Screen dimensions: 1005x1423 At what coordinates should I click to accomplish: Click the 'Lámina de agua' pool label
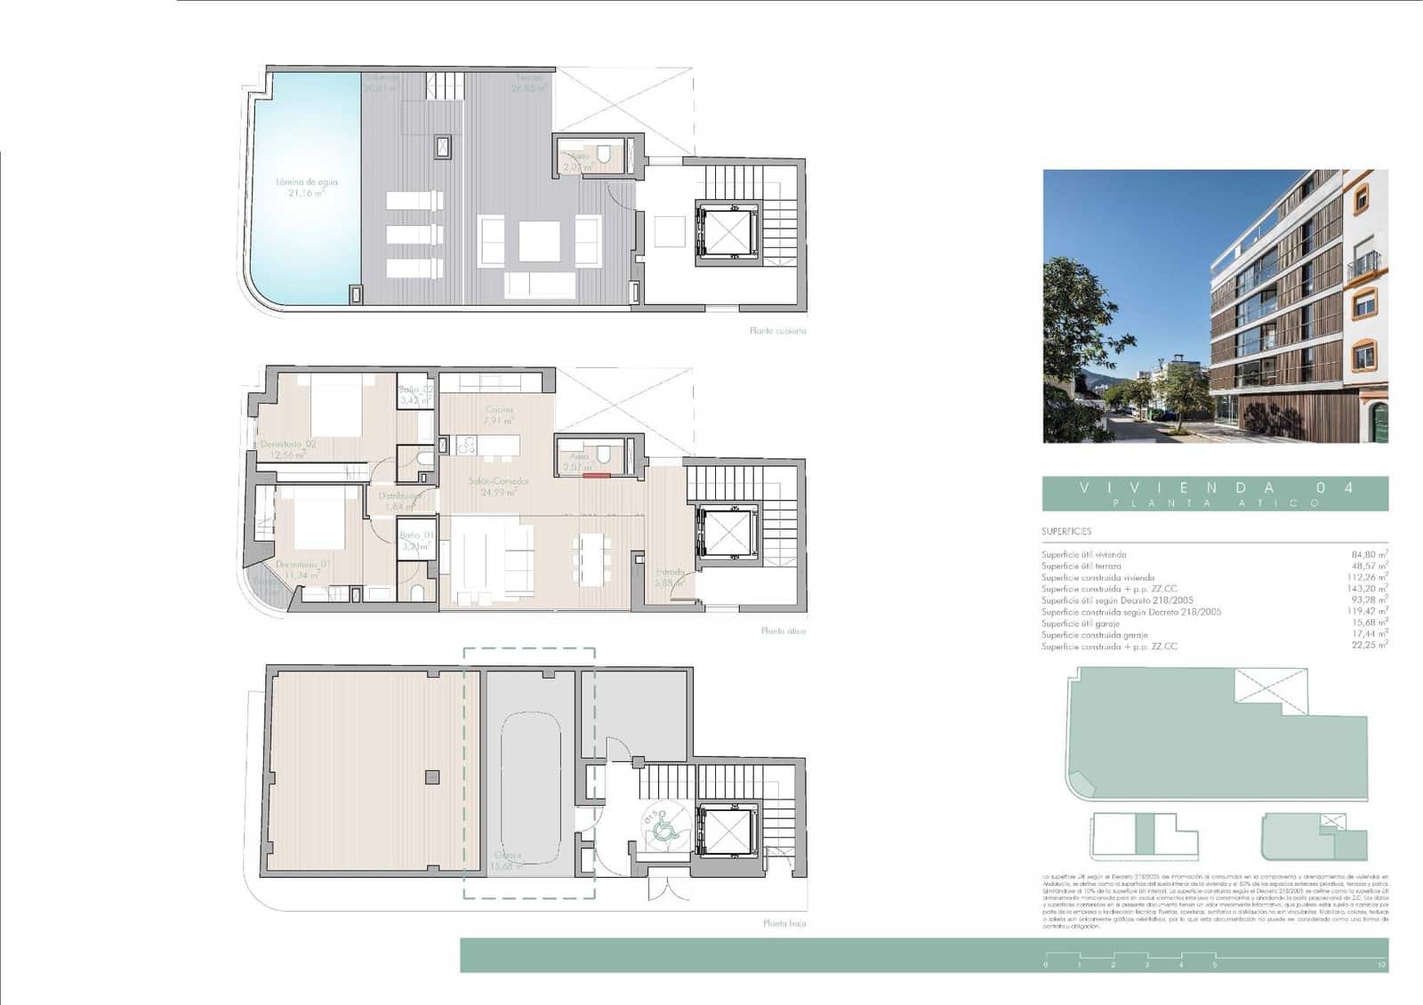click(x=307, y=182)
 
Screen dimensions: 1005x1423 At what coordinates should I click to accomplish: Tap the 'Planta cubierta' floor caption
click(x=777, y=331)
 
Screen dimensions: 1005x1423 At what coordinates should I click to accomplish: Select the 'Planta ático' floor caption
click(x=783, y=631)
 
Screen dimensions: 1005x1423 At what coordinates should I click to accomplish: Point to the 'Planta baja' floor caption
click(x=784, y=924)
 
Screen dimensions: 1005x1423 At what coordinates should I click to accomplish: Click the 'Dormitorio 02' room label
click(x=288, y=444)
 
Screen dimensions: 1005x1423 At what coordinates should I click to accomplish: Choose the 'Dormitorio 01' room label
click(x=302, y=565)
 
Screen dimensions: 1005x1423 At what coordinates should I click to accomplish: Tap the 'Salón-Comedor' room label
click(x=499, y=481)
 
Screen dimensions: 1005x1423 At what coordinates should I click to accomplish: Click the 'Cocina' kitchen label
click(x=498, y=410)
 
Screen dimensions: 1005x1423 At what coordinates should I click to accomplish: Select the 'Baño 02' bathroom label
click(x=415, y=390)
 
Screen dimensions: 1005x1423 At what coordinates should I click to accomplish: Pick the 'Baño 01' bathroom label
click(x=416, y=535)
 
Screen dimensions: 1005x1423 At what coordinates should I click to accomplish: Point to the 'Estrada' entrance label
click(x=670, y=573)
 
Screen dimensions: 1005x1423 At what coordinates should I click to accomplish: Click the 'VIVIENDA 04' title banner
click(x=1215, y=488)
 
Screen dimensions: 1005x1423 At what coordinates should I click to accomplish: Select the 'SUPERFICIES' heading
click(x=1066, y=532)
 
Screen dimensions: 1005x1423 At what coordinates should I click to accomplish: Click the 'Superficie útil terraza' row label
click(x=1081, y=567)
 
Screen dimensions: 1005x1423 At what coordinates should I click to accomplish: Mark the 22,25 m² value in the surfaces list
click(x=1369, y=647)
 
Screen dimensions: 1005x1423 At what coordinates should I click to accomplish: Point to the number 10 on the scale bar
click(x=1380, y=965)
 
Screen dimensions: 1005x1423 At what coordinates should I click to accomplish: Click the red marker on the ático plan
click(x=596, y=476)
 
